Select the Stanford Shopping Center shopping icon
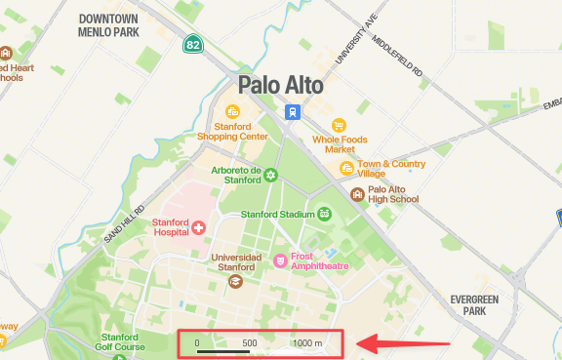click(232, 111)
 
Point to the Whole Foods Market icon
click(340, 125)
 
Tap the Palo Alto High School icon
click(358, 194)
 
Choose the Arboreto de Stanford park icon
click(270, 175)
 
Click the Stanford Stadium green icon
click(324, 214)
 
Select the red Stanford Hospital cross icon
click(198, 227)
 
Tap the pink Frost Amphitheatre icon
click(280, 260)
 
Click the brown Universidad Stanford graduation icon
click(234, 281)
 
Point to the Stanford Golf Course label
click(120, 341)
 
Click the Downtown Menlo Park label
click(108, 24)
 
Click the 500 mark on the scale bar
click(250, 342)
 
